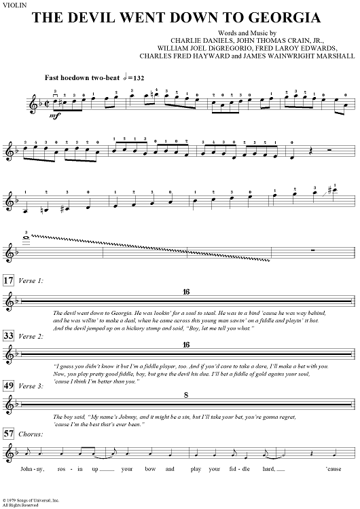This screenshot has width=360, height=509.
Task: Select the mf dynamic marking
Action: pos(31,116)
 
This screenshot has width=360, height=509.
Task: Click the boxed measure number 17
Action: pos(7,280)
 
